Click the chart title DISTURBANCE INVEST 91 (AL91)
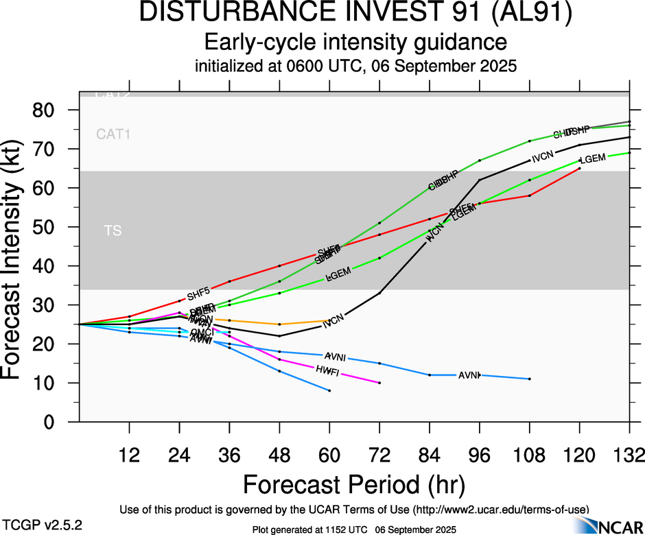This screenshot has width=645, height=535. click(355, 14)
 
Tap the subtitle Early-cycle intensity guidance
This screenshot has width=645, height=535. click(355, 43)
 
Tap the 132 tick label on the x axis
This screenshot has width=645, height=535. click(629, 455)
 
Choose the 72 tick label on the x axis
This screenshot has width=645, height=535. click(379, 455)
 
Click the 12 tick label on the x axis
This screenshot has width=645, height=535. click(129, 455)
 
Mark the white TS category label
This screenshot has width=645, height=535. click(113, 231)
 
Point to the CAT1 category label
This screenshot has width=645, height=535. click(113, 134)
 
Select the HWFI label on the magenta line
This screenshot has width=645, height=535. click(327, 370)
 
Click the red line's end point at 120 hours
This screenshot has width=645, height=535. click(580, 168)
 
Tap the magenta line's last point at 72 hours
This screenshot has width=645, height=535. click(379, 383)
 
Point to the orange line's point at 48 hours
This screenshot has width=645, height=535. click(279, 324)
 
